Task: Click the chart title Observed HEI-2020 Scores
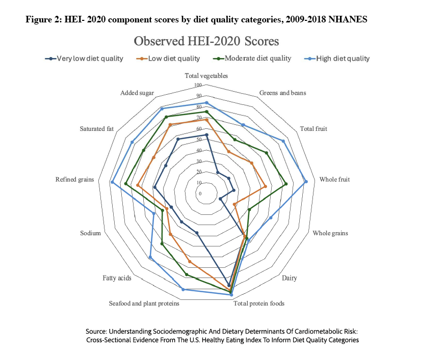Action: (206, 40)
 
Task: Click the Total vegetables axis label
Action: (206, 76)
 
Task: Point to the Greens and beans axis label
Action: (282, 93)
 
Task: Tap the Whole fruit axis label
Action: (334, 180)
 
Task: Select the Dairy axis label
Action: (289, 278)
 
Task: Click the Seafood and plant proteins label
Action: (144, 303)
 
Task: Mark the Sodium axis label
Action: (90, 233)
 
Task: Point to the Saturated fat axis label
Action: (96, 129)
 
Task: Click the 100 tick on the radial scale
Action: (198, 85)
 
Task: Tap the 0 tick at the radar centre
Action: (200, 194)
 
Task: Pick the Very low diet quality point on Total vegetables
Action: (206, 135)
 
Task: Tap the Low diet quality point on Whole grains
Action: (234, 205)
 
